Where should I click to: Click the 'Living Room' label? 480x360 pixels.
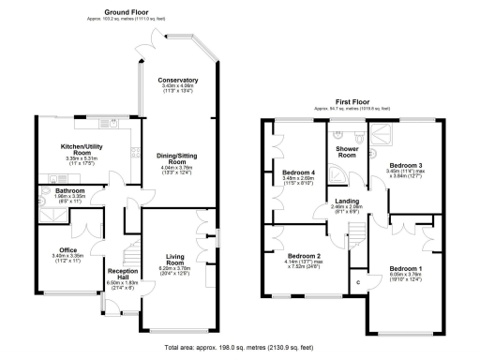click(174, 259)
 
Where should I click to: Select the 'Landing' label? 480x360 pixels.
click(346, 202)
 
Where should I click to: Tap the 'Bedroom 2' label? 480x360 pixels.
click(305, 255)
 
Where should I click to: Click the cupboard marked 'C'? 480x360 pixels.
click(357, 282)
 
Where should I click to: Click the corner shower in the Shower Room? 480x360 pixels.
click(375, 134)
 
